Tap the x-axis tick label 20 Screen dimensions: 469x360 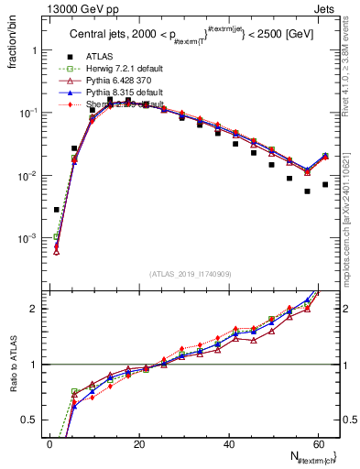click(139, 444)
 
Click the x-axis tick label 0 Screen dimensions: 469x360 click(50, 444)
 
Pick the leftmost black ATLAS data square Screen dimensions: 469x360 click(57, 210)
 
